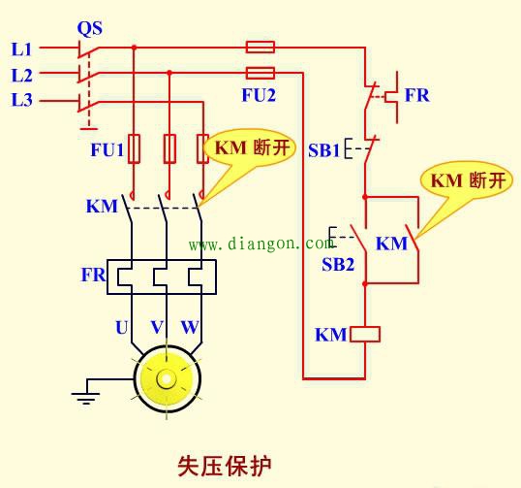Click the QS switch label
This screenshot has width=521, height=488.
point(90,26)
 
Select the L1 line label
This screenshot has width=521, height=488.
point(21,48)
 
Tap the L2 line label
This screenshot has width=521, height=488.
point(21,74)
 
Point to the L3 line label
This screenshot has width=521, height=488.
point(21,99)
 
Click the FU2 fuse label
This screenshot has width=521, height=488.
point(259,95)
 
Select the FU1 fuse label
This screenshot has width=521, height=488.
point(107,150)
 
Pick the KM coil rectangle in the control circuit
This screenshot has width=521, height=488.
point(365,335)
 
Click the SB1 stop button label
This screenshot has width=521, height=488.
point(324,150)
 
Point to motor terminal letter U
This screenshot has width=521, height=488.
point(121,328)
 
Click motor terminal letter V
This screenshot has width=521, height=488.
point(157,328)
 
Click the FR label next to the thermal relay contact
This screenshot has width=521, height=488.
point(417,96)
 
